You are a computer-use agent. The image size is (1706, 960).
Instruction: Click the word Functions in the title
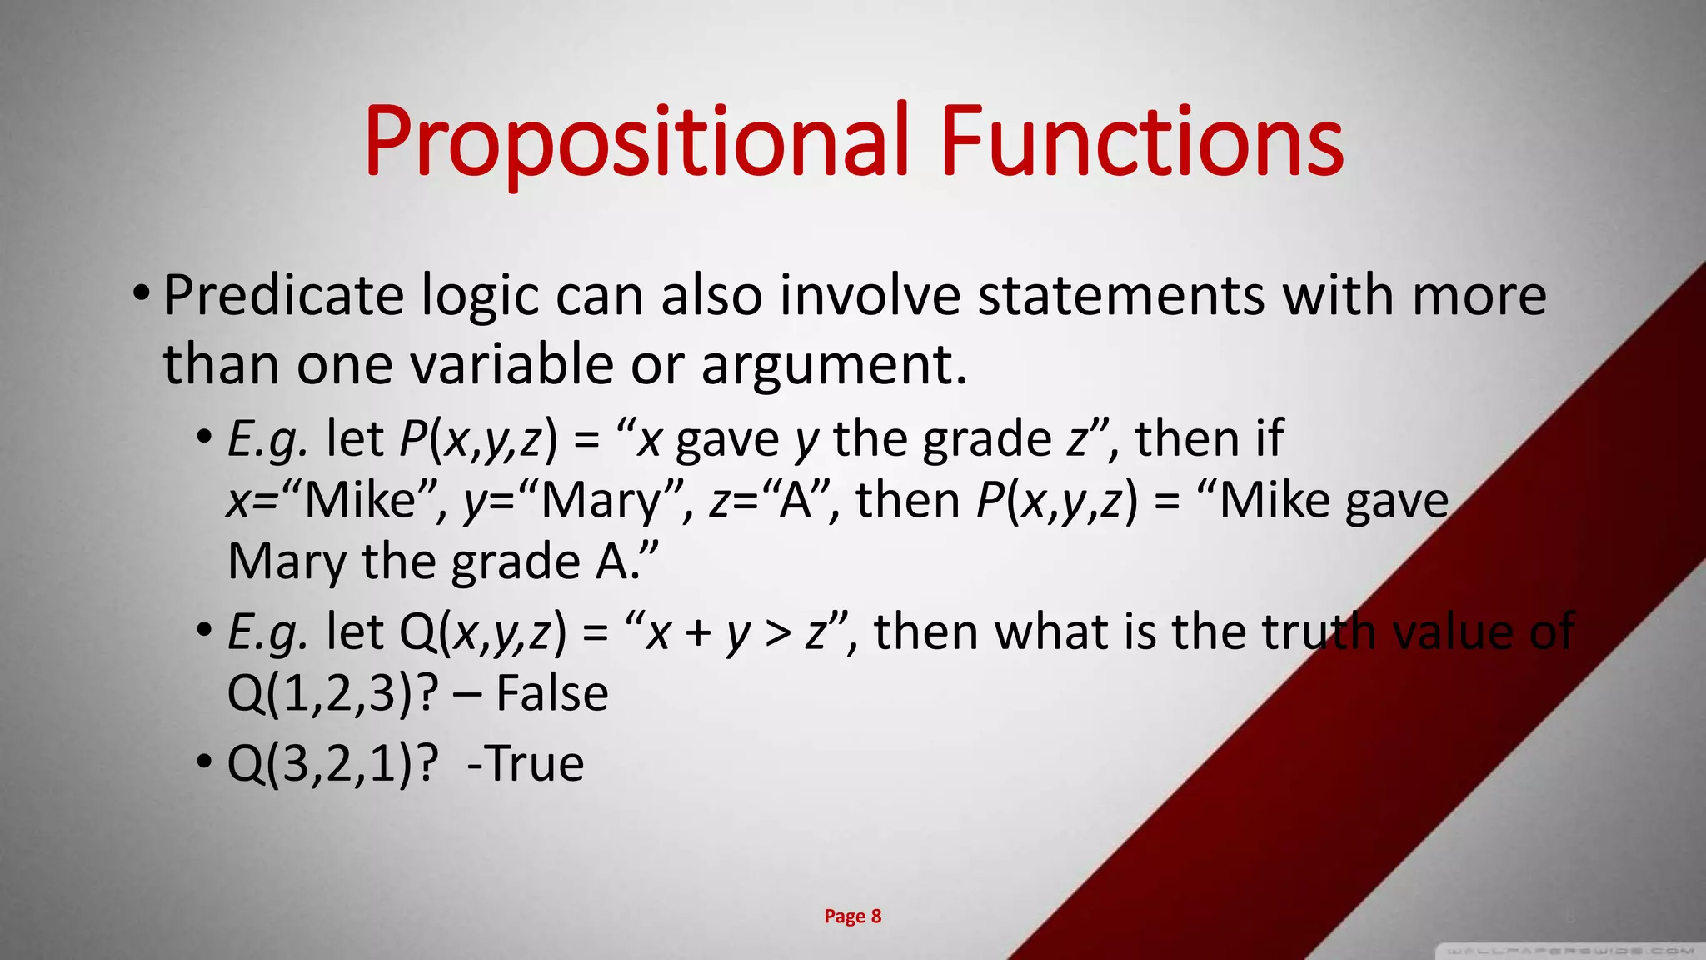1141,142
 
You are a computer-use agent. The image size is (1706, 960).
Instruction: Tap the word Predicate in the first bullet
283,296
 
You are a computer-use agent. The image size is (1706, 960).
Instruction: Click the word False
551,693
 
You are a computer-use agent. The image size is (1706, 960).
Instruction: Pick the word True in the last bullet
534,763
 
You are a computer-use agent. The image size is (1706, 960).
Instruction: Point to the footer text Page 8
852,917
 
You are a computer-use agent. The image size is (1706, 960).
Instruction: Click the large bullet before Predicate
141,293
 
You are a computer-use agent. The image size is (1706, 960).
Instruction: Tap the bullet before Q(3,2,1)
205,762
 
